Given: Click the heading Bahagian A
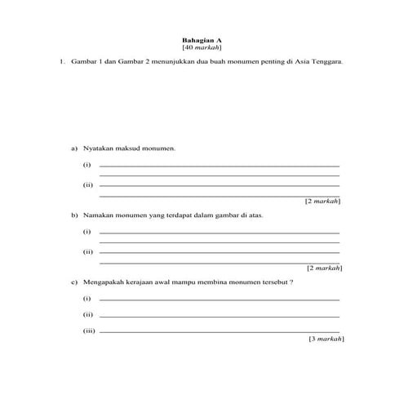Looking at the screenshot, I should [202, 40].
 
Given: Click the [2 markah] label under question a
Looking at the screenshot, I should [322, 200].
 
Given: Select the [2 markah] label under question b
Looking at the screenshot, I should [324, 267].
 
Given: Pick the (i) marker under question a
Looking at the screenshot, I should [87, 166].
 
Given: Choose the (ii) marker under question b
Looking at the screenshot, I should [88, 252].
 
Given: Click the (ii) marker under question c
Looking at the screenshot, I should [88, 315].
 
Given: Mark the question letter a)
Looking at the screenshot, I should [74, 149].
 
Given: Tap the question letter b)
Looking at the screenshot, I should [74, 215].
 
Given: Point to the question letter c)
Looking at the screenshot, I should [74, 282].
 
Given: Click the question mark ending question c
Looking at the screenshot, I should [292, 282].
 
